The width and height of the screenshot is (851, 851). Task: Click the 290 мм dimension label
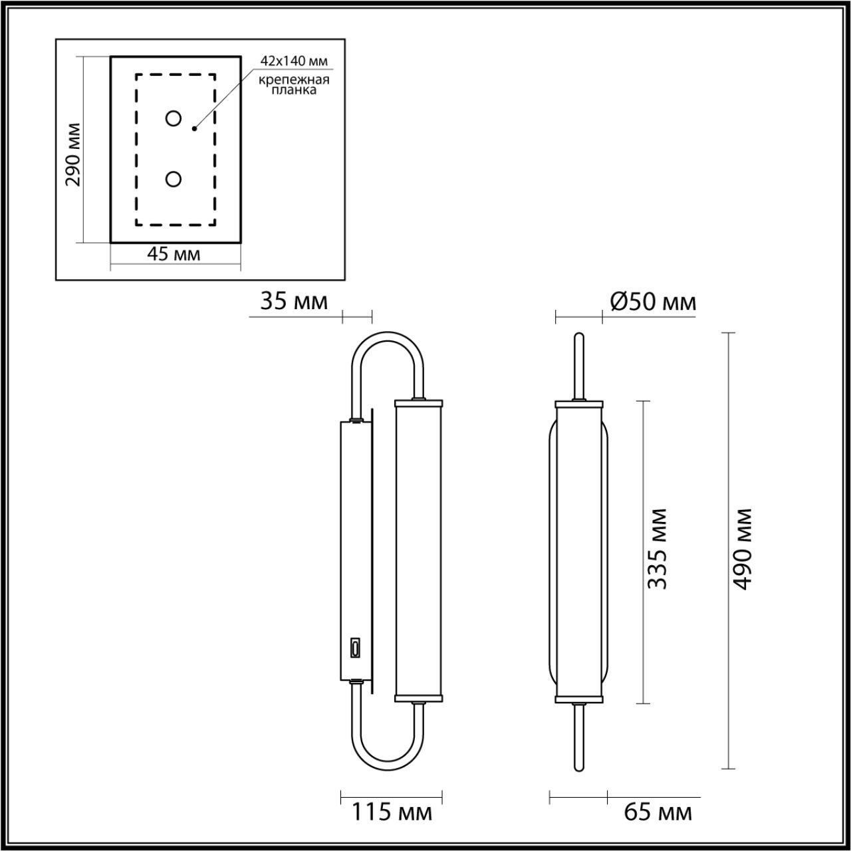coord(74,154)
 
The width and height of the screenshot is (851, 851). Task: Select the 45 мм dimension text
coord(174,255)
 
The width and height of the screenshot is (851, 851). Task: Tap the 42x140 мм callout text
coord(294,62)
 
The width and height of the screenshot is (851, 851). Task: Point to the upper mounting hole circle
coord(173,118)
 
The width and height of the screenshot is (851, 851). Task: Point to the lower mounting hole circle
coord(173,179)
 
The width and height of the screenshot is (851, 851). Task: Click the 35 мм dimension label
coord(293,302)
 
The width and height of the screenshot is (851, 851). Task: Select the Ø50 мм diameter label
coord(653,303)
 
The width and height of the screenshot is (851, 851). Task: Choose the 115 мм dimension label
coord(391,812)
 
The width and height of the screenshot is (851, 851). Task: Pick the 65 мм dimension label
coord(658,812)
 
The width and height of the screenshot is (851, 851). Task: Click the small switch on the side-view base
coord(356,647)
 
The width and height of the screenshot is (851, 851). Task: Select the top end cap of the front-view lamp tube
coord(578,403)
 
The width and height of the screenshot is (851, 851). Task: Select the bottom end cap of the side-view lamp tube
coord(418,699)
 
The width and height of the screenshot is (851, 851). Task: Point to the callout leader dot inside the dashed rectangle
coord(194,128)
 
